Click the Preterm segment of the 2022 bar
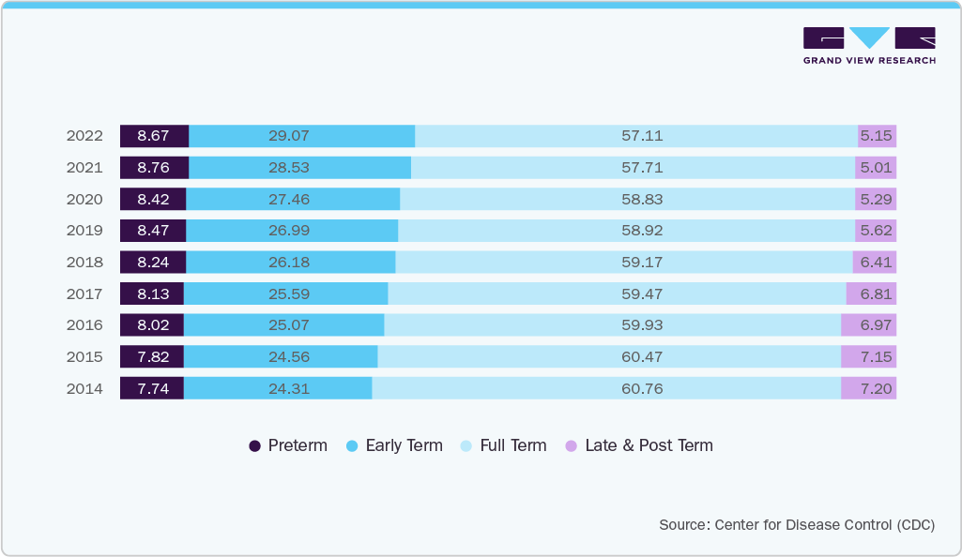[154, 136]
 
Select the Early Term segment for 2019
[292, 231]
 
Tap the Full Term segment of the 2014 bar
[605, 388]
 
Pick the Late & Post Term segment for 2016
[868, 325]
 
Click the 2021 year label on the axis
[84, 168]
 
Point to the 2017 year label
[84, 294]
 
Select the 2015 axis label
[84, 357]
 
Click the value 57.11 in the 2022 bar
[642, 136]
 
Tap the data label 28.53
[288, 168]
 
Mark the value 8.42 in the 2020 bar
[153, 199]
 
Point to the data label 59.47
[642, 294]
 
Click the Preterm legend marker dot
[255, 446]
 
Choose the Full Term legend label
[512, 446]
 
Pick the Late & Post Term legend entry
[648, 446]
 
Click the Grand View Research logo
[869, 45]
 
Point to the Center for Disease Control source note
[797, 525]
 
